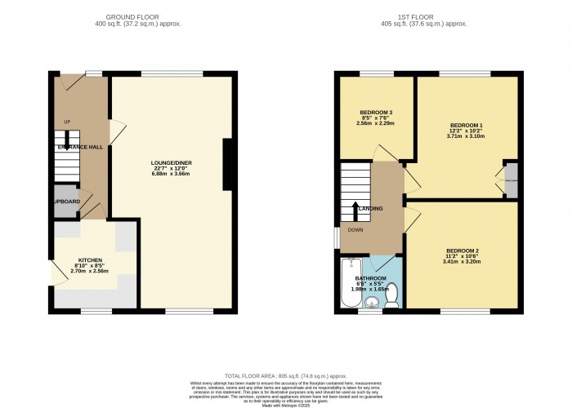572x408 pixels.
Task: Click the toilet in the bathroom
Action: (391, 294)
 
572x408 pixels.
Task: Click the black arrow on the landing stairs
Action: (356, 211)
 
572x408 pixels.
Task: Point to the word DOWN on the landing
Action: (355, 230)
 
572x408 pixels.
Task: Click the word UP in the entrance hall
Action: (67, 123)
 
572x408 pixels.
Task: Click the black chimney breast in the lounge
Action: (228, 154)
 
